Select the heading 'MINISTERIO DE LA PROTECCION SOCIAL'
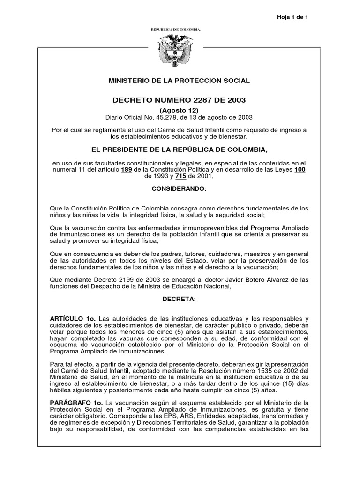180,81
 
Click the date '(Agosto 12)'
180,110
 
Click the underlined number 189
127,170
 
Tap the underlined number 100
300,170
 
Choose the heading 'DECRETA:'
180,299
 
